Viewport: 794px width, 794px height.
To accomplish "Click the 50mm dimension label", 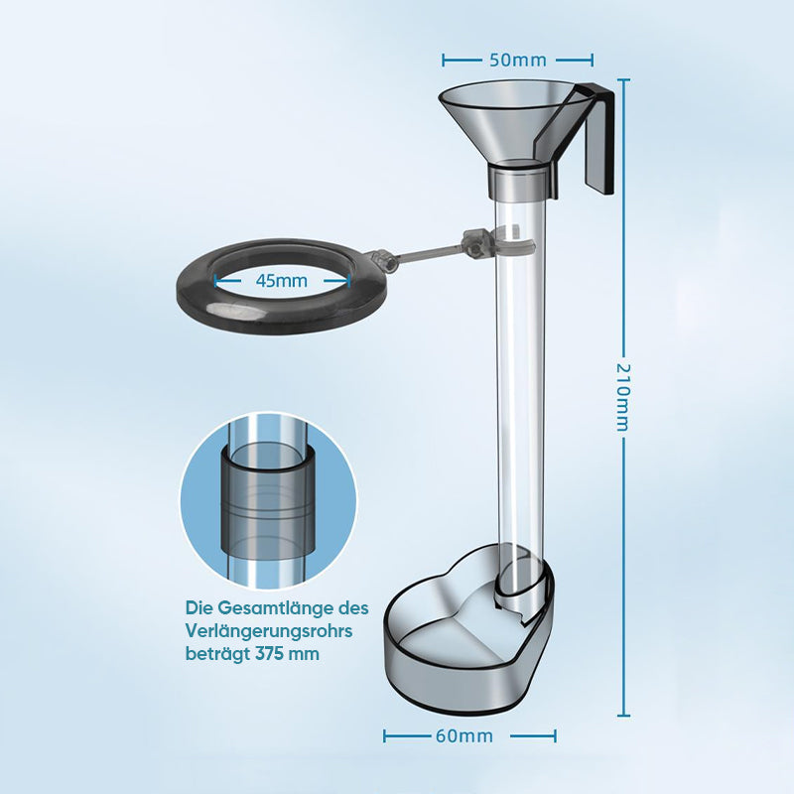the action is click(518, 61).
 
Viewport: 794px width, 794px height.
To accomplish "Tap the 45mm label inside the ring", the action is click(282, 281).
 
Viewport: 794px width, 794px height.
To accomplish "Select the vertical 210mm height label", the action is click(623, 398).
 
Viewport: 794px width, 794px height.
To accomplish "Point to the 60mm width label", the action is click(464, 735).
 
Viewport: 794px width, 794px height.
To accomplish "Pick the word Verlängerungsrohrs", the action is click(269, 631).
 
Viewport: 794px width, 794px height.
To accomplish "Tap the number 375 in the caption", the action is click(269, 653).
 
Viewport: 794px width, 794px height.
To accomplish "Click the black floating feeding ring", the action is click(282, 314).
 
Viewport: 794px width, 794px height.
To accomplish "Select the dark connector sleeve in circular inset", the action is click(268, 499).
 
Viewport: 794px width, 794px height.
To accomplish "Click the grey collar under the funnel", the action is click(517, 183).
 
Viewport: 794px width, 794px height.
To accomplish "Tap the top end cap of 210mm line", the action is click(623, 79).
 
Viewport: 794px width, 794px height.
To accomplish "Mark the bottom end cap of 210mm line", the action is click(623, 716).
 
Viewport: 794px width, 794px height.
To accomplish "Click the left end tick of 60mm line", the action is click(385, 735).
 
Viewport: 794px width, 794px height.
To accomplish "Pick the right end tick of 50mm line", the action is click(592, 61).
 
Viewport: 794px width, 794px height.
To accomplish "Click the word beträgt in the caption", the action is click(218, 654).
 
